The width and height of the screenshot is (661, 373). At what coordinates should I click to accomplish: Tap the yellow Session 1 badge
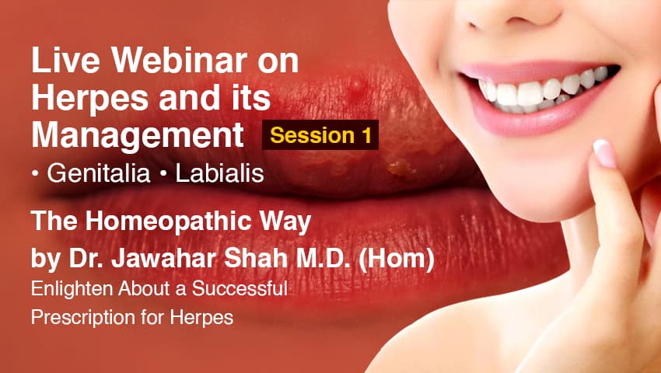pyautogui.click(x=320, y=135)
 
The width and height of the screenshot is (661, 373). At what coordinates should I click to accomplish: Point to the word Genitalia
pyautogui.click(x=98, y=174)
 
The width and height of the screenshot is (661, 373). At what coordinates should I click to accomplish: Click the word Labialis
pyautogui.click(x=219, y=174)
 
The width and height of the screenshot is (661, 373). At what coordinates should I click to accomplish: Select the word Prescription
pyautogui.click(x=74, y=319)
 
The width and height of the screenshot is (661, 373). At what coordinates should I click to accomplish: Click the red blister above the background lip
pyautogui.click(x=355, y=83)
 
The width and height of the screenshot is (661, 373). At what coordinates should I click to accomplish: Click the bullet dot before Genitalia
pyautogui.click(x=36, y=175)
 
